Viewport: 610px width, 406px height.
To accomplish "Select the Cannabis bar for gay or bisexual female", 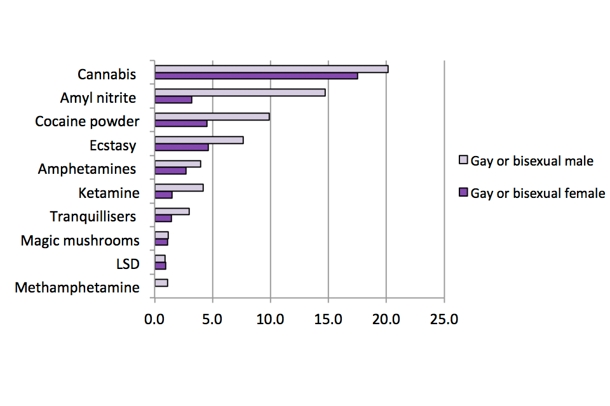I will pyautogui.click(x=256, y=75).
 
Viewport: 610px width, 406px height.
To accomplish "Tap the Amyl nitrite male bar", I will pyautogui.click(x=240, y=93).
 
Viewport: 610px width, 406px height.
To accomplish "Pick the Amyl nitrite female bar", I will pyautogui.click(x=173, y=100).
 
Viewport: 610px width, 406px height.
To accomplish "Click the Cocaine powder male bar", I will pyautogui.click(x=212, y=116).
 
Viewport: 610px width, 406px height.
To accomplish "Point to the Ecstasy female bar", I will pyautogui.click(x=182, y=147).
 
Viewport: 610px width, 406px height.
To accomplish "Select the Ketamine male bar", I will pyautogui.click(x=179, y=188).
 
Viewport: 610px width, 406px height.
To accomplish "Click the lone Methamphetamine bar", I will pyautogui.click(x=161, y=282).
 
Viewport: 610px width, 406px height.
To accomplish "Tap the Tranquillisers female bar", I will pyautogui.click(x=163, y=218).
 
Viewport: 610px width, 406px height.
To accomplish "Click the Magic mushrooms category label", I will pyautogui.click(x=80, y=241).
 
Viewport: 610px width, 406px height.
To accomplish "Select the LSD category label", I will pyautogui.click(x=128, y=264).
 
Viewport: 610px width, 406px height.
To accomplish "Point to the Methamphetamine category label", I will pyautogui.click(x=77, y=288).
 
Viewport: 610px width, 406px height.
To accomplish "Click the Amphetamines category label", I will pyautogui.click(x=87, y=169).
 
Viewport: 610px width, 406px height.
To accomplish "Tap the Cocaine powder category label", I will pyautogui.click(x=87, y=121).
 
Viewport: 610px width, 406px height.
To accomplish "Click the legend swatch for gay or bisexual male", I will pyautogui.click(x=463, y=160).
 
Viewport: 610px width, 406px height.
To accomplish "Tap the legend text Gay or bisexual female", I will pyautogui.click(x=538, y=193).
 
